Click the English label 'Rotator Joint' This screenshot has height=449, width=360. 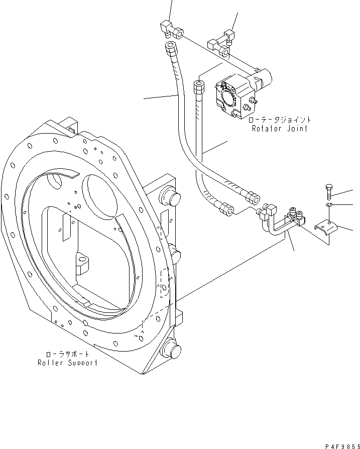tap(280, 129)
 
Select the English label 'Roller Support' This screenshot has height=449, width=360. tap(67, 363)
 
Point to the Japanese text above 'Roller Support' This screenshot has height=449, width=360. tap(67, 354)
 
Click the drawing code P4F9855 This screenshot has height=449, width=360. tap(340, 444)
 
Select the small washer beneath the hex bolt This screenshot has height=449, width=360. tap(327, 205)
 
